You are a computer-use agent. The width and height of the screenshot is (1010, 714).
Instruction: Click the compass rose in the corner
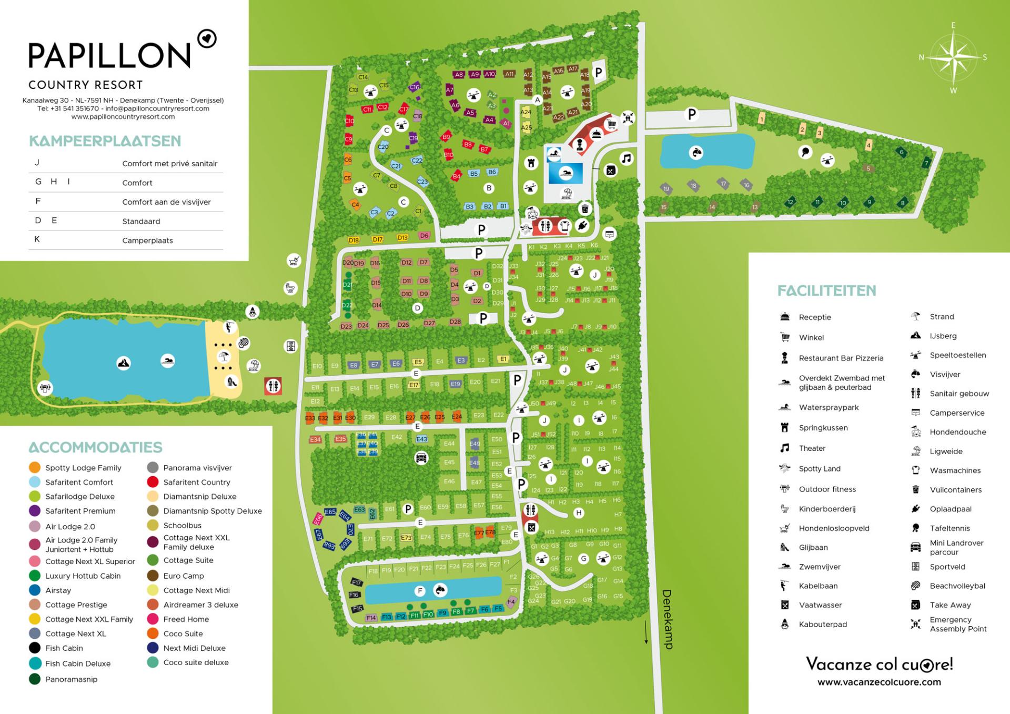(x=953, y=57)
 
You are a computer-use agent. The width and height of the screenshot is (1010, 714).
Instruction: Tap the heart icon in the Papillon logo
(x=207, y=38)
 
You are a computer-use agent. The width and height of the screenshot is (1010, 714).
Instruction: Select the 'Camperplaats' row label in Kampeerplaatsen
(x=147, y=240)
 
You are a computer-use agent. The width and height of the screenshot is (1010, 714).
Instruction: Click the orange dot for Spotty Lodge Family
(x=35, y=467)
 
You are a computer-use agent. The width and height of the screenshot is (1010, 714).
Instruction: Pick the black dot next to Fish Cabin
(x=35, y=648)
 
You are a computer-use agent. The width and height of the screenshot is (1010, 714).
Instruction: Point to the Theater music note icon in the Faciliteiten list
(x=785, y=448)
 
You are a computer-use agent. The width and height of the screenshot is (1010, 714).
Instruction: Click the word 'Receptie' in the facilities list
(x=814, y=317)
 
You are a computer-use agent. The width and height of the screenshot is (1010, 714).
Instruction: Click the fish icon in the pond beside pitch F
(x=440, y=590)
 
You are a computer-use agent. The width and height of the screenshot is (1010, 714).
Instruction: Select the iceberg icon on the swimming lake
(x=124, y=363)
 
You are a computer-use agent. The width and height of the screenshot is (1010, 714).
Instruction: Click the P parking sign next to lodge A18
(x=598, y=73)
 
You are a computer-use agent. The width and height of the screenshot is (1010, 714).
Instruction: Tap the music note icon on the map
(x=626, y=158)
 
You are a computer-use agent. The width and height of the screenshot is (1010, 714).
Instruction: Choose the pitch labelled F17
(x=357, y=582)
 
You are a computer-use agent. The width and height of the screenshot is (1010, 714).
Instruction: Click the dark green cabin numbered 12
(x=790, y=202)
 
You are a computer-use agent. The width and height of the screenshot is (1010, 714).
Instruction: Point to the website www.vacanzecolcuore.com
(x=879, y=682)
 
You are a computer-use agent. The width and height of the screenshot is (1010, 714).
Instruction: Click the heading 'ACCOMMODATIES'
(x=95, y=447)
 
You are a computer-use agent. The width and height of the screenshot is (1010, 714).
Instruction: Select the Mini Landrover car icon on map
(x=421, y=457)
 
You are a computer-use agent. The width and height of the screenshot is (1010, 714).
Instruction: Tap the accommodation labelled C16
(x=415, y=87)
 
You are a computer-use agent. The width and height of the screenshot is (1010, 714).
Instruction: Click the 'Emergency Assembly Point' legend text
(x=957, y=624)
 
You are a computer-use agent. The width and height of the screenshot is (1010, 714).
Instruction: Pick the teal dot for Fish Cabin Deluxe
(x=35, y=663)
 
